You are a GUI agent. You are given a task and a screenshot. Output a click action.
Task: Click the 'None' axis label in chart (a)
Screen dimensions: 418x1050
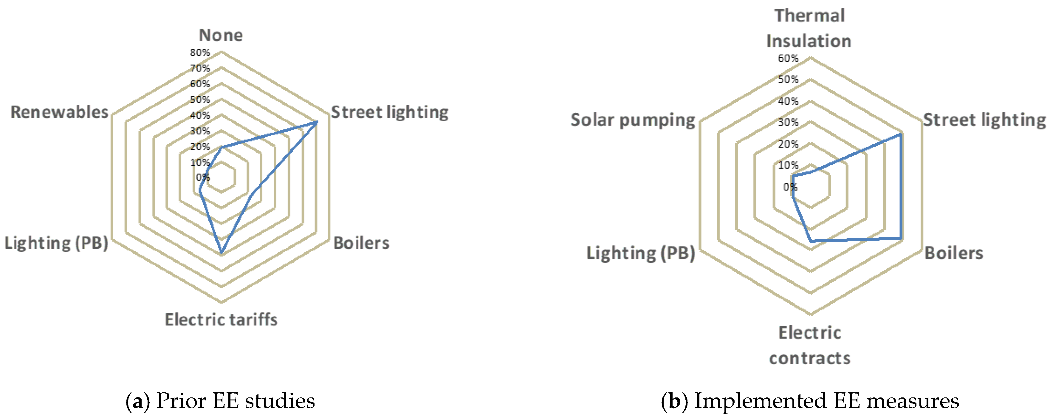[221, 35]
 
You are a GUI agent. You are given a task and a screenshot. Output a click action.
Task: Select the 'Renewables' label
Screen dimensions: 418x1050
[60, 112]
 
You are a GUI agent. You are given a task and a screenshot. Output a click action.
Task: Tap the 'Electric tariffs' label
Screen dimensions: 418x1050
[221, 320]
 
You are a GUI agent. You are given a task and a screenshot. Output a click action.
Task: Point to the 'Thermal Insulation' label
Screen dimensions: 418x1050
[809, 29]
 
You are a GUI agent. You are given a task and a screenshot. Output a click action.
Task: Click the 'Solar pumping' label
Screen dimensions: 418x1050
[633, 120]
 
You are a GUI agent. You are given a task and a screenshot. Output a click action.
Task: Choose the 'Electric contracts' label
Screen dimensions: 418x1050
[809, 346]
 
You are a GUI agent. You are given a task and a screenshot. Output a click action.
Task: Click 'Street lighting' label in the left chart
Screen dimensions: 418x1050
[390, 112]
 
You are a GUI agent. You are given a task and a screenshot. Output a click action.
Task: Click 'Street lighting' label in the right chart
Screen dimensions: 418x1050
[984, 120]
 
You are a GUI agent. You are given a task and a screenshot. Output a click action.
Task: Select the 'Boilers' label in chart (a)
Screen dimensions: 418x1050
[361, 243]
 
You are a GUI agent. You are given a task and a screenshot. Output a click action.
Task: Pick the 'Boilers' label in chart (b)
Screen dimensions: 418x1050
[953, 253]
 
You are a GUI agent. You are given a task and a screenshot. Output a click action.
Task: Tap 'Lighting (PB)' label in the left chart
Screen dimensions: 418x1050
[56, 243]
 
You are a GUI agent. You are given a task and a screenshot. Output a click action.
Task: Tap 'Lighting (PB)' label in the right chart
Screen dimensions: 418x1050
[640, 253]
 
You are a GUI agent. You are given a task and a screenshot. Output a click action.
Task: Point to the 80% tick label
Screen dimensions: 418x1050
[200, 52]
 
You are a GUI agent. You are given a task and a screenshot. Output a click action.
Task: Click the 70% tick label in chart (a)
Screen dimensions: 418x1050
[200, 68]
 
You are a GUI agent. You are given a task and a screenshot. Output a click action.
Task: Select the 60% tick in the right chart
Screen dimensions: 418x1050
[788, 58]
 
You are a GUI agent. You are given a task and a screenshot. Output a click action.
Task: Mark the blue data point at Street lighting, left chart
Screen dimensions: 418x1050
[316, 122]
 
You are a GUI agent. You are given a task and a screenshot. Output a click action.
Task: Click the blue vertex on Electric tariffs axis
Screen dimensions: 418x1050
[221, 253]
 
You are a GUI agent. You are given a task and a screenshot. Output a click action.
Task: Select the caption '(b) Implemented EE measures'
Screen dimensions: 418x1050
[809, 401]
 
